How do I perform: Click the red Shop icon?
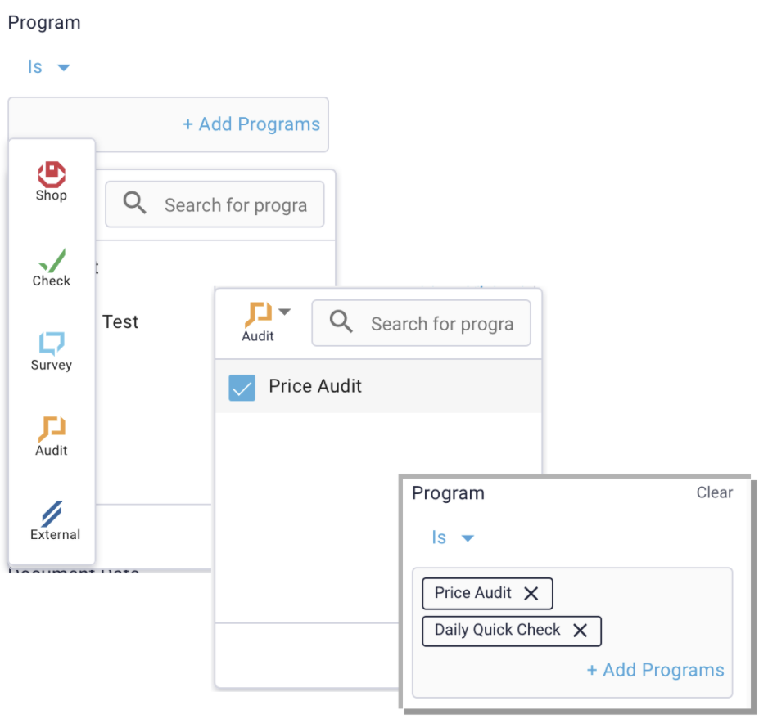pyautogui.click(x=52, y=174)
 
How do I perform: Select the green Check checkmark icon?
pyautogui.click(x=52, y=260)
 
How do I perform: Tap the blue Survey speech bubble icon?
pyautogui.click(x=52, y=344)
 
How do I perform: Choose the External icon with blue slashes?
pyautogui.click(x=52, y=514)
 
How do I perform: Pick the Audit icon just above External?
pyautogui.click(x=52, y=429)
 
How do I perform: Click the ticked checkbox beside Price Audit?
pyautogui.click(x=242, y=388)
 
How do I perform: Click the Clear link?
pyautogui.click(x=714, y=492)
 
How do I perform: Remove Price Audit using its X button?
pyautogui.click(x=531, y=594)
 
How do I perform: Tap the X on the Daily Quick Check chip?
pyautogui.click(x=580, y=631)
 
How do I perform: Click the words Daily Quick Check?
pyautogui.click(x=497, y=630)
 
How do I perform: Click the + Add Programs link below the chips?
pyautogui.click(x=655, y=670)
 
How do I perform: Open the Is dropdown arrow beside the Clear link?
pyautogui.click(x=468, y=538)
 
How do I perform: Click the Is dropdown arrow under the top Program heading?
pyautogui.click(x=63, y=67)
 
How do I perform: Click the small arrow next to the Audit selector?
pyautogui.click(x=284, y=312)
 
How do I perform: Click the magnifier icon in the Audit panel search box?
pyautogui.click(x=341, y=322)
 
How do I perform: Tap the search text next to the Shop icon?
pyautogui.click(x=235, y=205)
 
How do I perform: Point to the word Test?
pyautogui.click(x=120, y=322)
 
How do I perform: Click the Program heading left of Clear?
pyautogui.click(x=448, y=493)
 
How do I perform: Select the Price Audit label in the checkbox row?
pyautogui.click(x=315, y=386)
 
